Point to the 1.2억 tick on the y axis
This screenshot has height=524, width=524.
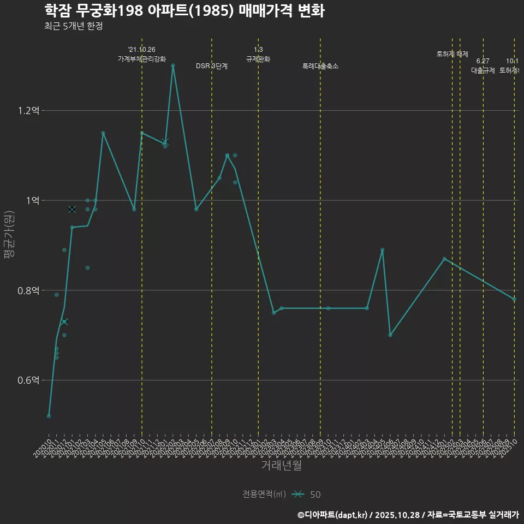[x=29, y=111]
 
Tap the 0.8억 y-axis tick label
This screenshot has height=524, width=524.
[x=29, y=290]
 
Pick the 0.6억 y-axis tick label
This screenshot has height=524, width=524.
[x=29, y=380]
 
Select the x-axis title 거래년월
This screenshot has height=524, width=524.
[x=281, y=466]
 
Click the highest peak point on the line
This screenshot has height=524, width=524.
[x=173, y=65]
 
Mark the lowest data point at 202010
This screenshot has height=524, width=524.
[x=49, y=416]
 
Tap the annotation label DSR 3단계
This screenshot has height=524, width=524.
[x=212, y=66]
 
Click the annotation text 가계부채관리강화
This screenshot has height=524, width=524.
[x=142, y=59]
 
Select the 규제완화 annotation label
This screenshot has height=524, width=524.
[x=258, y=59]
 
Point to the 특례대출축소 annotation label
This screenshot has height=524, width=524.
[x=320, y=66]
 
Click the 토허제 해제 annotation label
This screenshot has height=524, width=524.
[x=452, y=54]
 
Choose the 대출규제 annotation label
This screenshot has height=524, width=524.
[x=483, y=70]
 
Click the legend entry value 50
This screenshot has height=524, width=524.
[x=315, y=495]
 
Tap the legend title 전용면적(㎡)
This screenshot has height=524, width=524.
[x=264, y=494]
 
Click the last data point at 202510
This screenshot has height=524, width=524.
[x=514, y=299]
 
